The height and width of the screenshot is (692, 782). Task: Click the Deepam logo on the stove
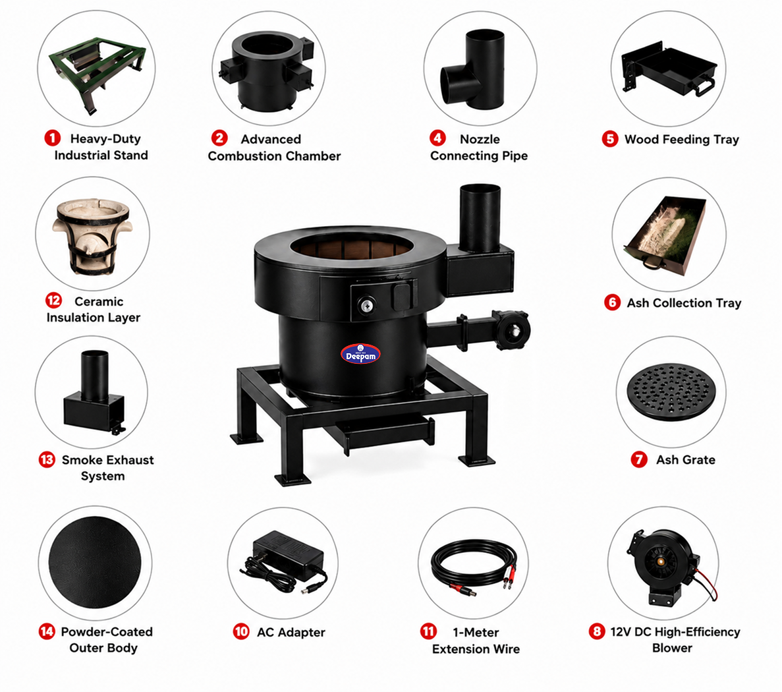(360, 354)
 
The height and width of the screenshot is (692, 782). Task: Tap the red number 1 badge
(52, 138)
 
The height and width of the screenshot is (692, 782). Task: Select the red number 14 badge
(47, 631)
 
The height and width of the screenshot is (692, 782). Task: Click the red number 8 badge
(596, 631)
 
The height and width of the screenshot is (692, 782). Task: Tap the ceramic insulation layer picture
(92, 235)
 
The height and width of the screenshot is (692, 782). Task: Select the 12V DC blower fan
(663, 566)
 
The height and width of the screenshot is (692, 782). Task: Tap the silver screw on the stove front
(367, 305)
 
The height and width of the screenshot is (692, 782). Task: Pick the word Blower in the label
(672, 648)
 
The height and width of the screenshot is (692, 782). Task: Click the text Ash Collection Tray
(684, 303)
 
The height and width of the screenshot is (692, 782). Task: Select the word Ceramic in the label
(99, 301)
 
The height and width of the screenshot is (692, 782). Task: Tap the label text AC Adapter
(291, 632)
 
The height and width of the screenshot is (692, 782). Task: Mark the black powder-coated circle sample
(95, 562)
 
